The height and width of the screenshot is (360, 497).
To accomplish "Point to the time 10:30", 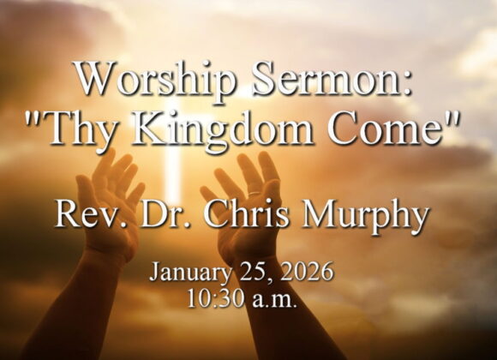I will pos(214,301).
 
